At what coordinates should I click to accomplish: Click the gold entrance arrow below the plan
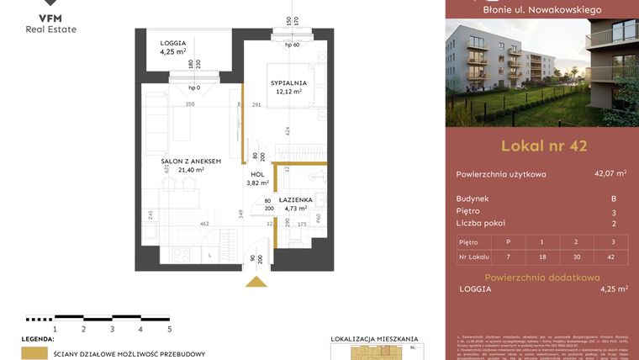click(256, 281)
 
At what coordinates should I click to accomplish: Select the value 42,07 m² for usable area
click(610, 174)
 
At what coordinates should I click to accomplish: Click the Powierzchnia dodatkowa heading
click(542, 277)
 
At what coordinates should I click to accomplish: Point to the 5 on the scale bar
click(169, 329)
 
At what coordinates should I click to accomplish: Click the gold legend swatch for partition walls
click(34, 354)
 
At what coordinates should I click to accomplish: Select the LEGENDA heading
click(38, 338)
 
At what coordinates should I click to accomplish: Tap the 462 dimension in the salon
click(203, 224)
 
